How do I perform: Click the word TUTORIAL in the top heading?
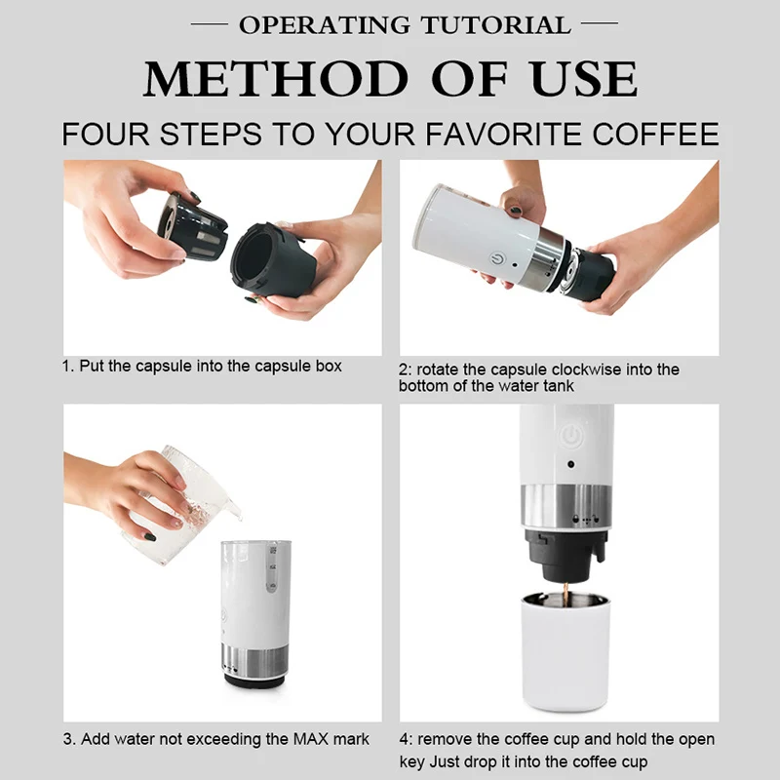(495, 25)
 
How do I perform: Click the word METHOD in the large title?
(276, 79)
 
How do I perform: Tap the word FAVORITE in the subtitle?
(504, 134)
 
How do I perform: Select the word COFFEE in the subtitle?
(655, 134)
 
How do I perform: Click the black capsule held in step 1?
(192, 227)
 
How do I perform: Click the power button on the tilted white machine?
(497, 258)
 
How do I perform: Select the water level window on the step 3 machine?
(272, 568)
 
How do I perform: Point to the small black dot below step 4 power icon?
(570, 464)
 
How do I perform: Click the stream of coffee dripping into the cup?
(565, 595)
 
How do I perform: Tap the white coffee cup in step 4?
(565, 650)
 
